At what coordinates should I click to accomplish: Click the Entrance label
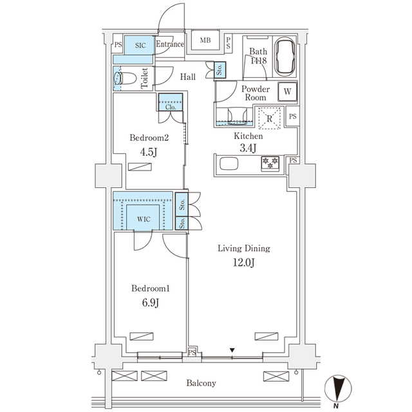point(171,44)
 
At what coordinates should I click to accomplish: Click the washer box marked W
point(287,91)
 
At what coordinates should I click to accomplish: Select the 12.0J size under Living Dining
point(243,262)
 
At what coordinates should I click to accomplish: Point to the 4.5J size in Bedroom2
point(149,153)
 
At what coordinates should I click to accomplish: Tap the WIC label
point(143,218)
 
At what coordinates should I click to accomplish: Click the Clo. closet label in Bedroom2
point(171,108)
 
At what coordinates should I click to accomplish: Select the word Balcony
point(201,383)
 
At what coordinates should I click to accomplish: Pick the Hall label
point(188,77)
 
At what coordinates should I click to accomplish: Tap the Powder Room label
point(254,93)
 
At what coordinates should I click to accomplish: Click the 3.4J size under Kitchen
point(248,149)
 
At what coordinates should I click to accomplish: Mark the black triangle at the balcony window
point(233,350)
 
